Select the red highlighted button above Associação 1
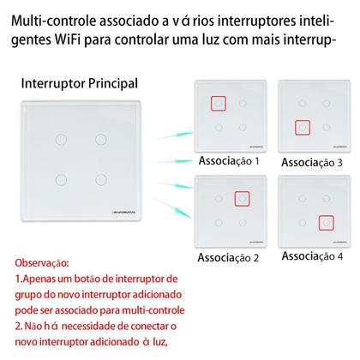coord(219,103)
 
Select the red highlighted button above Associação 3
coord(302,129)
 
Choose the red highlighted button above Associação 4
coord(326,225)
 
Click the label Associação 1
coord(228,161)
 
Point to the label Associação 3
coord(312,162)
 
